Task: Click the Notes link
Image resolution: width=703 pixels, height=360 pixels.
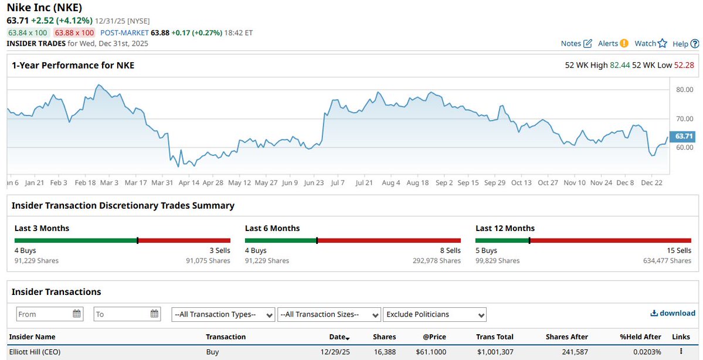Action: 576,43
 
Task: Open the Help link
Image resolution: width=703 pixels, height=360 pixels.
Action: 685,43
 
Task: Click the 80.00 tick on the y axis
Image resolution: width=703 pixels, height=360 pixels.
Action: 684,90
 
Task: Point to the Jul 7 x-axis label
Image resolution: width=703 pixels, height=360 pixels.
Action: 337,183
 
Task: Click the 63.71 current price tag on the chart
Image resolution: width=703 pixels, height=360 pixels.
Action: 684,136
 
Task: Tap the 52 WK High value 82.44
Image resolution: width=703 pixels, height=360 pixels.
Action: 620,65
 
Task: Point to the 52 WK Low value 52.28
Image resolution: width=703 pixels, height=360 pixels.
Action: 684,65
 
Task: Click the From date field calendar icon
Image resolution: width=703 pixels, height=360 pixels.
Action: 77,314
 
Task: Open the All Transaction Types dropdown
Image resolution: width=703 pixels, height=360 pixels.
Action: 223,314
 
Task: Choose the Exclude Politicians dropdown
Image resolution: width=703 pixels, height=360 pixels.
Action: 434,314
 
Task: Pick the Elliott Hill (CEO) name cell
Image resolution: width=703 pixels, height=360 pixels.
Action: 35,352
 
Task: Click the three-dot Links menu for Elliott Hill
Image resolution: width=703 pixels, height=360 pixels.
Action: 681,352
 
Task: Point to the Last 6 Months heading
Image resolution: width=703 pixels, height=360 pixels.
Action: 272,228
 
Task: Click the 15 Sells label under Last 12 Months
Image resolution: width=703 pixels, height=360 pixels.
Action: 678,250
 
